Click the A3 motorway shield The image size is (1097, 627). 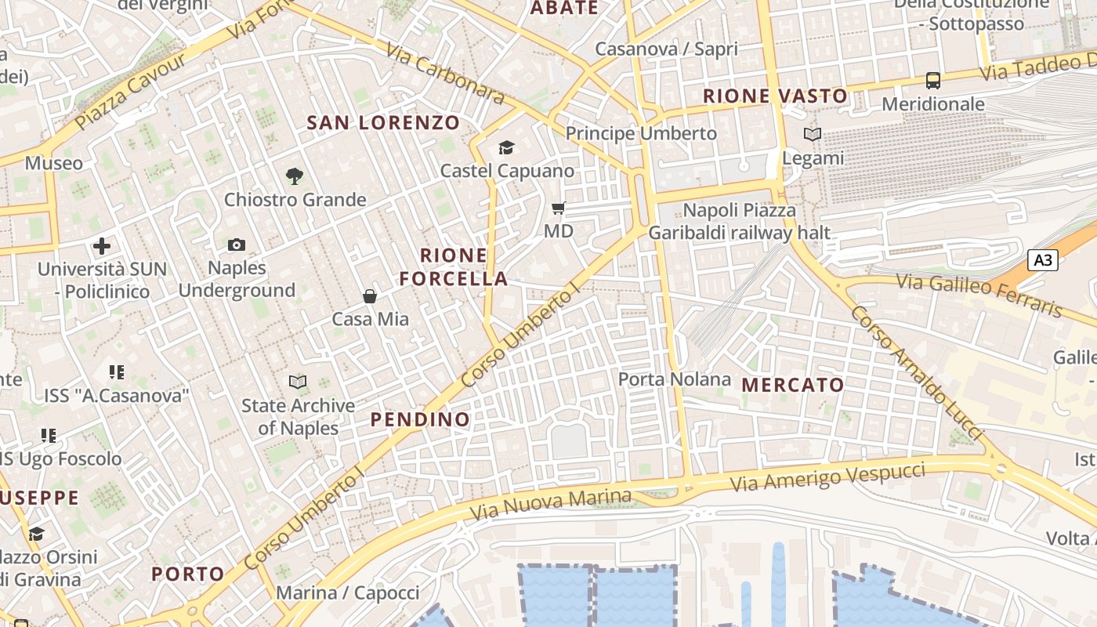pos(1043,260)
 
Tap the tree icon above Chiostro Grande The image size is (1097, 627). pos(295,176)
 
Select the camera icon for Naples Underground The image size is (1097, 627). pos(236,245)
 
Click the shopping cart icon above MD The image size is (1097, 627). pos(559,208)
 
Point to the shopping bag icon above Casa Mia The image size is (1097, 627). pos(370,296)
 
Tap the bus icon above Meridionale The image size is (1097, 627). pos(932,80)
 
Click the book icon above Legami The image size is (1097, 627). pos(813,135)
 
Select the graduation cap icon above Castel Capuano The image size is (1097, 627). pos(506,147)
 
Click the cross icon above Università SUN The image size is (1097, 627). pos(102,246)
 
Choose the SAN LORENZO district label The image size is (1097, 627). pos(383,123)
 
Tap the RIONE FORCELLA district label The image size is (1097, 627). pos(454,267)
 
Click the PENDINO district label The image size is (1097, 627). pos(421,419)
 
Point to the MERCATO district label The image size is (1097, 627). pos(793,385)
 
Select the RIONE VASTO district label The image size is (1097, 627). pos(776,96)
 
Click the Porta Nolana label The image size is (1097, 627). pos(675,379)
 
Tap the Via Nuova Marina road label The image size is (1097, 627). pos(551,505)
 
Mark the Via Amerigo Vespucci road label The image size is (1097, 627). pos(827,477)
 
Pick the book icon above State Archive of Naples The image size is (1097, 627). pos(298,382)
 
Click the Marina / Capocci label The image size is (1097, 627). pos(348,593)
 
